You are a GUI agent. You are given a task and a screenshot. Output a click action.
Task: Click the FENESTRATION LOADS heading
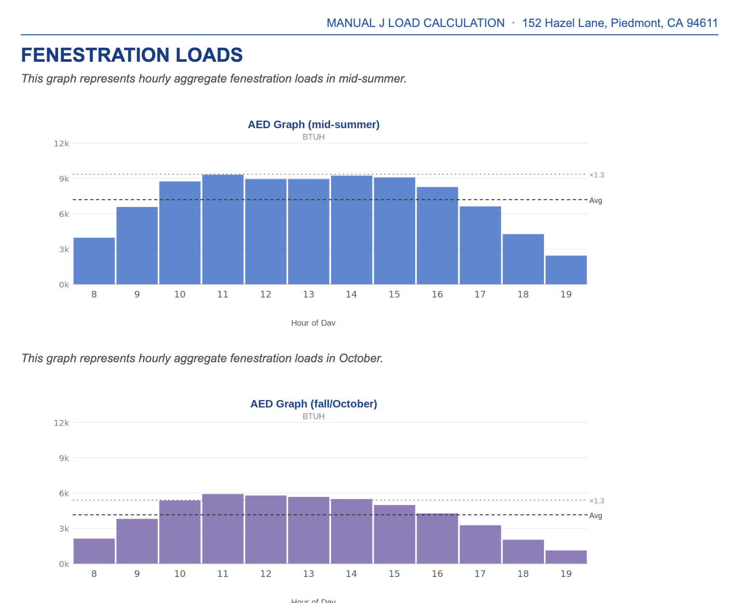point(132,55)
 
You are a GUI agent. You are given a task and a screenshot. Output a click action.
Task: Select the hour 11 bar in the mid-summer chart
point(223,229)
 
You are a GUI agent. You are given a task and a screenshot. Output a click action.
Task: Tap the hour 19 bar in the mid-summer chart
point(566,270)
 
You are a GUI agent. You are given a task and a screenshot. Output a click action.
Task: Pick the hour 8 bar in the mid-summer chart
point(94,261)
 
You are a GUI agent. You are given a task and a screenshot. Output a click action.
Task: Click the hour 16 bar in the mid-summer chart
point(437,236)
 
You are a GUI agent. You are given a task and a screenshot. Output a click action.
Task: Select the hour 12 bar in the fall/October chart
point(266,529)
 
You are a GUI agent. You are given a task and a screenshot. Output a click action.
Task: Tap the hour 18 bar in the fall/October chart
point(523,552)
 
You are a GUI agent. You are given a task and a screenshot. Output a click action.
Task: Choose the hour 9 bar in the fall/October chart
point(137,541)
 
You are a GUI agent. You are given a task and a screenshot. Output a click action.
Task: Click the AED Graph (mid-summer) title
point(314,125)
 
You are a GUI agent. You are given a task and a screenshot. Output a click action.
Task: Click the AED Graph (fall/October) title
point(314,404)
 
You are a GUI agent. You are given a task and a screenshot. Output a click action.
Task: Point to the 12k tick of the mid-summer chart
point(61,144)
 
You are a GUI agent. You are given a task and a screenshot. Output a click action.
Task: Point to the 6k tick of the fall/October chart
point(63,494)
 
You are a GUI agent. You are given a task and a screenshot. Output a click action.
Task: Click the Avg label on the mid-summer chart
point(595,201)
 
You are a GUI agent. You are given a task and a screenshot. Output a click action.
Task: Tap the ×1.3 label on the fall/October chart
point(597,501)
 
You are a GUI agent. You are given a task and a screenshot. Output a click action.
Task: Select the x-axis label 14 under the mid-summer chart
point(351,294)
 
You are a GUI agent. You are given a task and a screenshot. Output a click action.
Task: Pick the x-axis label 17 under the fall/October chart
point(480,573)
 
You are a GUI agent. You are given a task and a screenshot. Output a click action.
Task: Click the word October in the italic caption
point(360,359)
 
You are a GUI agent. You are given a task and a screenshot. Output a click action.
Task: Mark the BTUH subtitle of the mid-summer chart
point(314,137)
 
